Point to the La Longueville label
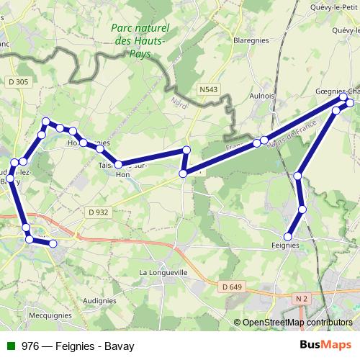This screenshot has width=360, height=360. [x=163, y=273]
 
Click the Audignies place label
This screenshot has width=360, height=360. [x=99, y=300]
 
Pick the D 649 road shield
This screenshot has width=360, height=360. [x=231, y=287]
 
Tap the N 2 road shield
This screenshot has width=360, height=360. [x=299, y=297]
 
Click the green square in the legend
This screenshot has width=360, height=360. [x=9, y=345]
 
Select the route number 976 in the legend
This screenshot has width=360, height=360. [x=30, y=345]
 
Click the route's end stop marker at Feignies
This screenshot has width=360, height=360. [x=288, y=236]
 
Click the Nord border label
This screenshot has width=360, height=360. [x=175, y=102]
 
